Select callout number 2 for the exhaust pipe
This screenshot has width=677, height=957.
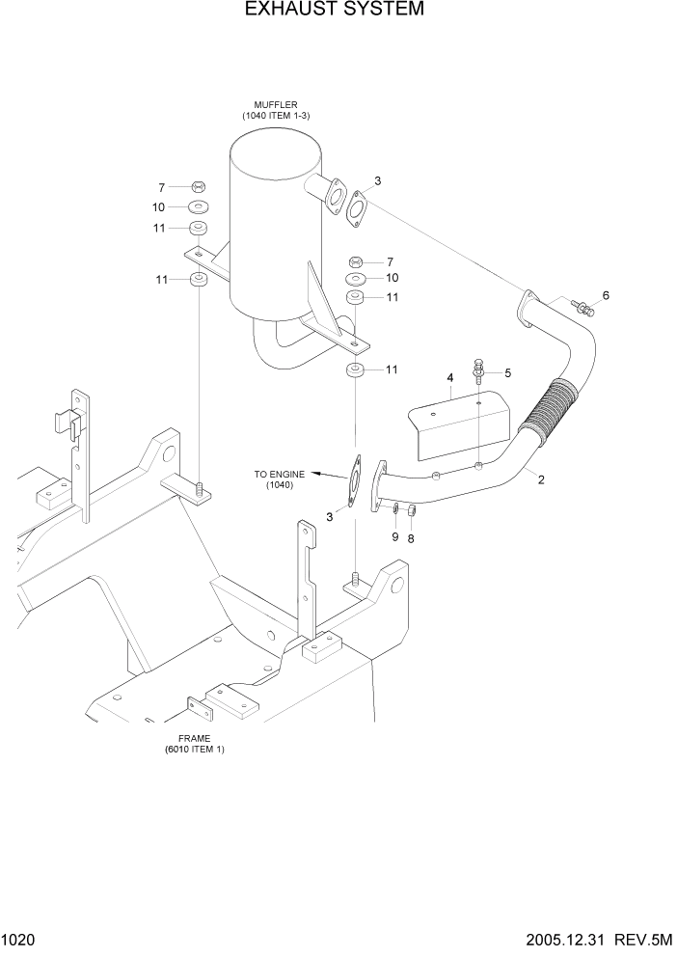[x=541, y=479]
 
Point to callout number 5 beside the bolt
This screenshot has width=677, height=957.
[x=507, y=371]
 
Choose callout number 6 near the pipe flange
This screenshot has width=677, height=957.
[x=606, y=295]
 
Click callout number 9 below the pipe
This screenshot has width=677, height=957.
[x=394, y=536]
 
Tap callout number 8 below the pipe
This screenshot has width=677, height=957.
[x=411, y=538]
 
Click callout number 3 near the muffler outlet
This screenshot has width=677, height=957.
[x=378, y=180]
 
